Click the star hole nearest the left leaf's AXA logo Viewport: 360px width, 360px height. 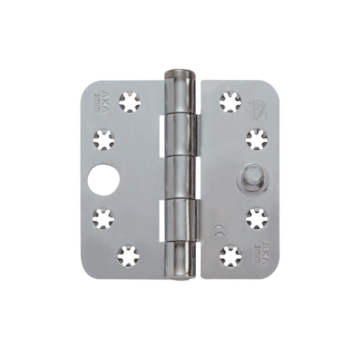click(x=130, y=102)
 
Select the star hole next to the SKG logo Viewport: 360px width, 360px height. click(x=230, y=102)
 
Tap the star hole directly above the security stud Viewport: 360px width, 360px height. click(x=257, y=139)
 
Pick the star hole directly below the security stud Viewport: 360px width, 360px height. click(x=257, y=218)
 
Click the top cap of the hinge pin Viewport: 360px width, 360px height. click(x=181, y=74)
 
